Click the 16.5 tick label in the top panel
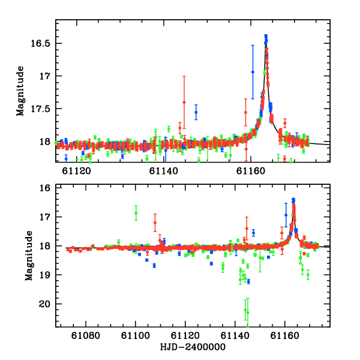pyautogui.click(x=40, y=43)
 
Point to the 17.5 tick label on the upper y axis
pyautogui.click(x=40, y=109)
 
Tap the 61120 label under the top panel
pyautogui.click(x=76, y=171)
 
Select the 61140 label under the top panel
pyautogui.click(x=163, y=171)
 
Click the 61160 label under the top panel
pyautogui.click(x=251, y=171)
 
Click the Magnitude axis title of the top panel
pyautogui.click(x=20, y=91)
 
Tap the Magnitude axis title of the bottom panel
pyautogui.click(x=29, y=256)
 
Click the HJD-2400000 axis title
pyautogui.click(x=193, y=347)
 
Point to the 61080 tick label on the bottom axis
pyautogui.click(x=86, y=335)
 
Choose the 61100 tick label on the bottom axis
pyautogui.click(x=136, y=335)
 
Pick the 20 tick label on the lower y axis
pyautogui.click(x=44, y=304)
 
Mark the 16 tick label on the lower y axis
pyautogui.click(x=44, y=188)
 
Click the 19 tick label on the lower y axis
pyautogui.click(x=44, y=275)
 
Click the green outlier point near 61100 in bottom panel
pyautogui.click(x=136, y=213)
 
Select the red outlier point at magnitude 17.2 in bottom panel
pyautogui.click(x=155, y=223)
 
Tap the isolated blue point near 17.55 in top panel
pyautogui.click(x=196, y=112)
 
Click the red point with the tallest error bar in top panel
pyautogui.click(x=184, y=102)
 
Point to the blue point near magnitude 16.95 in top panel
pyautogui.click(x=253, y=72)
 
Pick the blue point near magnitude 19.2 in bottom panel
pyautogui.click(x=248, y=281)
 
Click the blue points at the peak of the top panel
pyautogui.click(x=266, y=39)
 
